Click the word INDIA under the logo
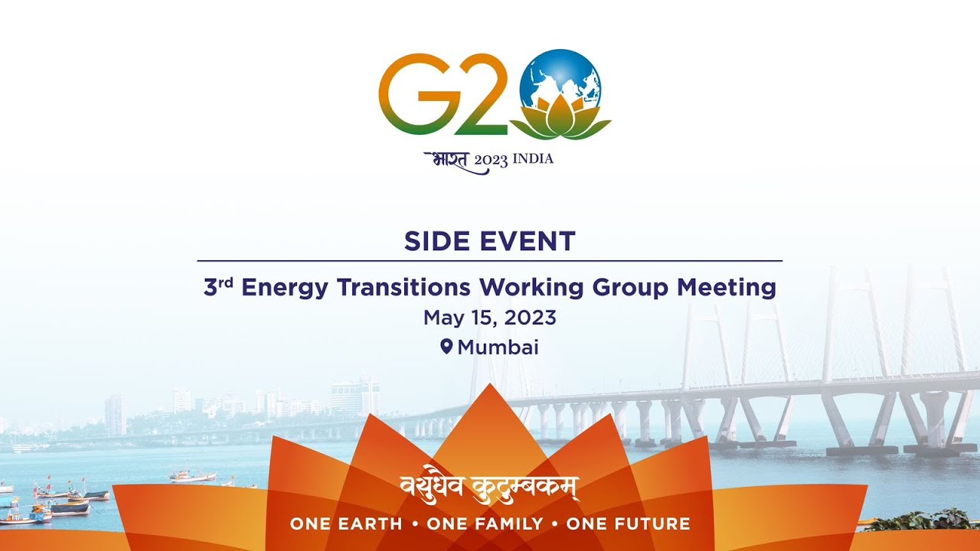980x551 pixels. [532, 159]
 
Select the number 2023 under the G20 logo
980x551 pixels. [490, 161]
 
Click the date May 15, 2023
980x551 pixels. [490, 318]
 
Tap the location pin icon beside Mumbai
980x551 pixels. [446, 347]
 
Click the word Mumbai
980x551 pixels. [498, 347]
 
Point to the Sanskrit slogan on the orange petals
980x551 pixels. [490, 487]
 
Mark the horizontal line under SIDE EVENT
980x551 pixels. [490, 261]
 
